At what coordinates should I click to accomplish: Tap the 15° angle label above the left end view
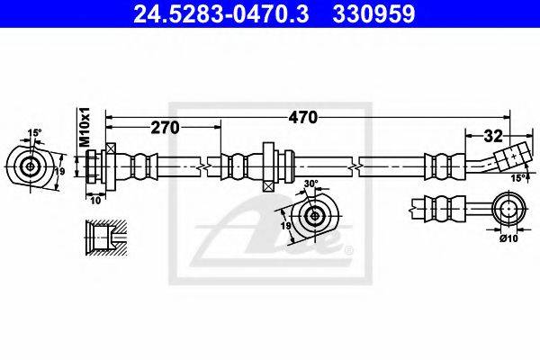click(x=34, y=133)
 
